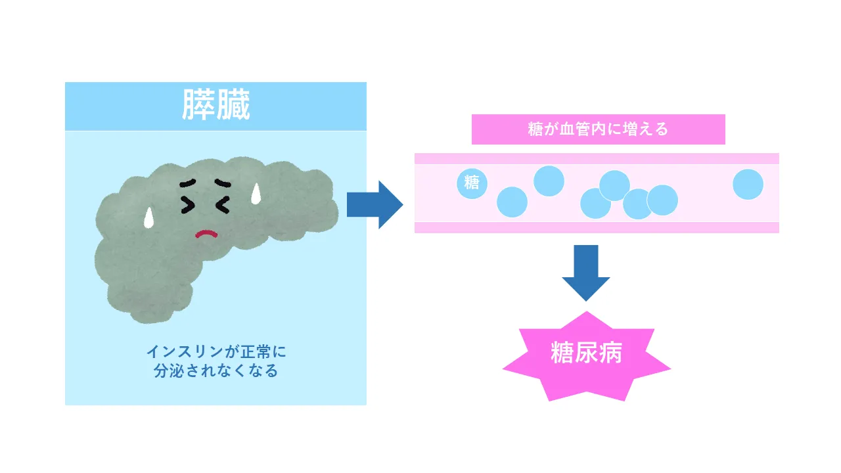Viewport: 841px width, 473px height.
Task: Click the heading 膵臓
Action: [x=216, y=106]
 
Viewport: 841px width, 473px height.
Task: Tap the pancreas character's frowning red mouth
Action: [x=206, y=233]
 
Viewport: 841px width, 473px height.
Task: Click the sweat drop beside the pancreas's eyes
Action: [x=257, y=192]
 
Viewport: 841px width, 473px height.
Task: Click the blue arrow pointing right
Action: [x=374, y=204]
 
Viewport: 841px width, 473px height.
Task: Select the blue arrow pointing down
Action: [x=585, y=272]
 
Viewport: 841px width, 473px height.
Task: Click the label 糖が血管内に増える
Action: [x=598, y=129]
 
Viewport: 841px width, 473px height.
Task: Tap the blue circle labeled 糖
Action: [x=472, y=183]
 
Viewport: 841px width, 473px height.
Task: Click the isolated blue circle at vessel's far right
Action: [x=748, y=184]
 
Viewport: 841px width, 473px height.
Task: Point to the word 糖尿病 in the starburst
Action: [x=586, y=355]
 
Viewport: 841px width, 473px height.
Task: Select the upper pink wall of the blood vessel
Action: [x=597, y=158]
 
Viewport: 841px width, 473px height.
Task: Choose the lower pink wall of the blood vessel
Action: [x=597, y=227]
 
